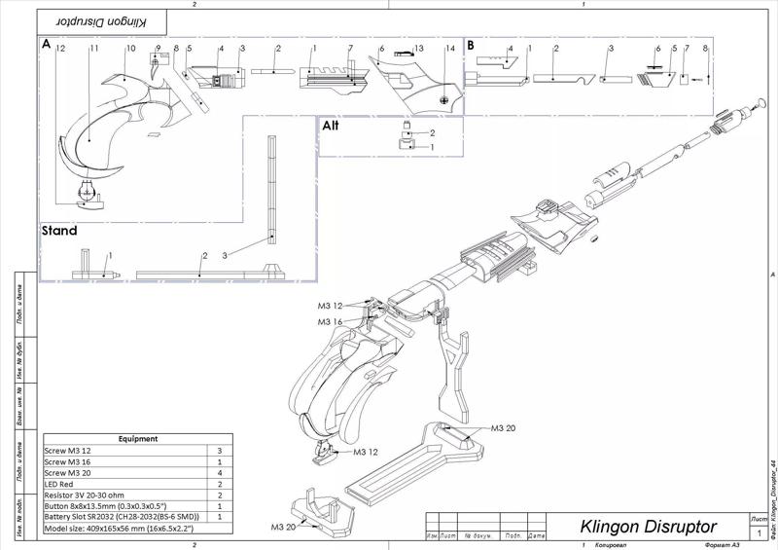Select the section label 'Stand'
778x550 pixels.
pyautogui.click(x=59, y=232)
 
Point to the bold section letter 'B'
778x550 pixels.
pyautogui.click(x=471, y=45)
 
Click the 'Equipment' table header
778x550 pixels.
pyautogui.click(x=138, y=439)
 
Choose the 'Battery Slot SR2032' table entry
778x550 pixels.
pyautogui.click(x=122, y=517)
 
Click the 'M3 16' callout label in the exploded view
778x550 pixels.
pyautogui.click(x=330, y=320)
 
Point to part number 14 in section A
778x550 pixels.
pyautogui.click(x=449, y=48)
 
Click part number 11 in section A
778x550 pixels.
pyautogui.click(x=94, y=48)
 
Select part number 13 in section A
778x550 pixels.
pyautogui.click(x=419, y=48)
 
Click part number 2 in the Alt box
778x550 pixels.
pyautogui.click(x=432, y=131)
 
